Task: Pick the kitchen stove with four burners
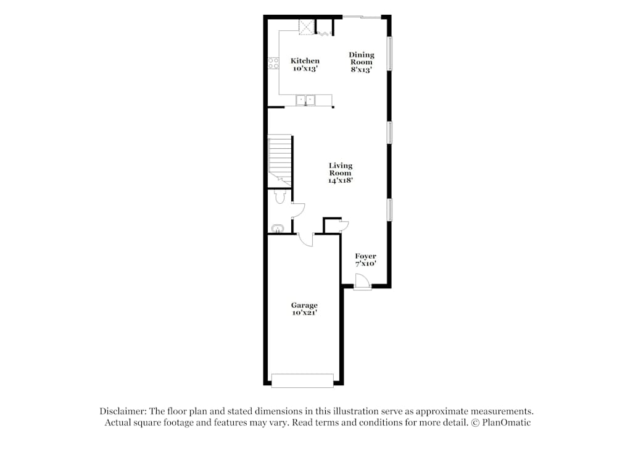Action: coord(272,62)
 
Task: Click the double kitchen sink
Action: coord(305,100)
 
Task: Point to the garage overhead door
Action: coord(302,381)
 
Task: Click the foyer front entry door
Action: coord(363,282)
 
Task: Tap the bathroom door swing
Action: coord(297,211)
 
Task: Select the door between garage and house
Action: coord(305,239)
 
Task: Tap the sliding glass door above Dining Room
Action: coord(362,17)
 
